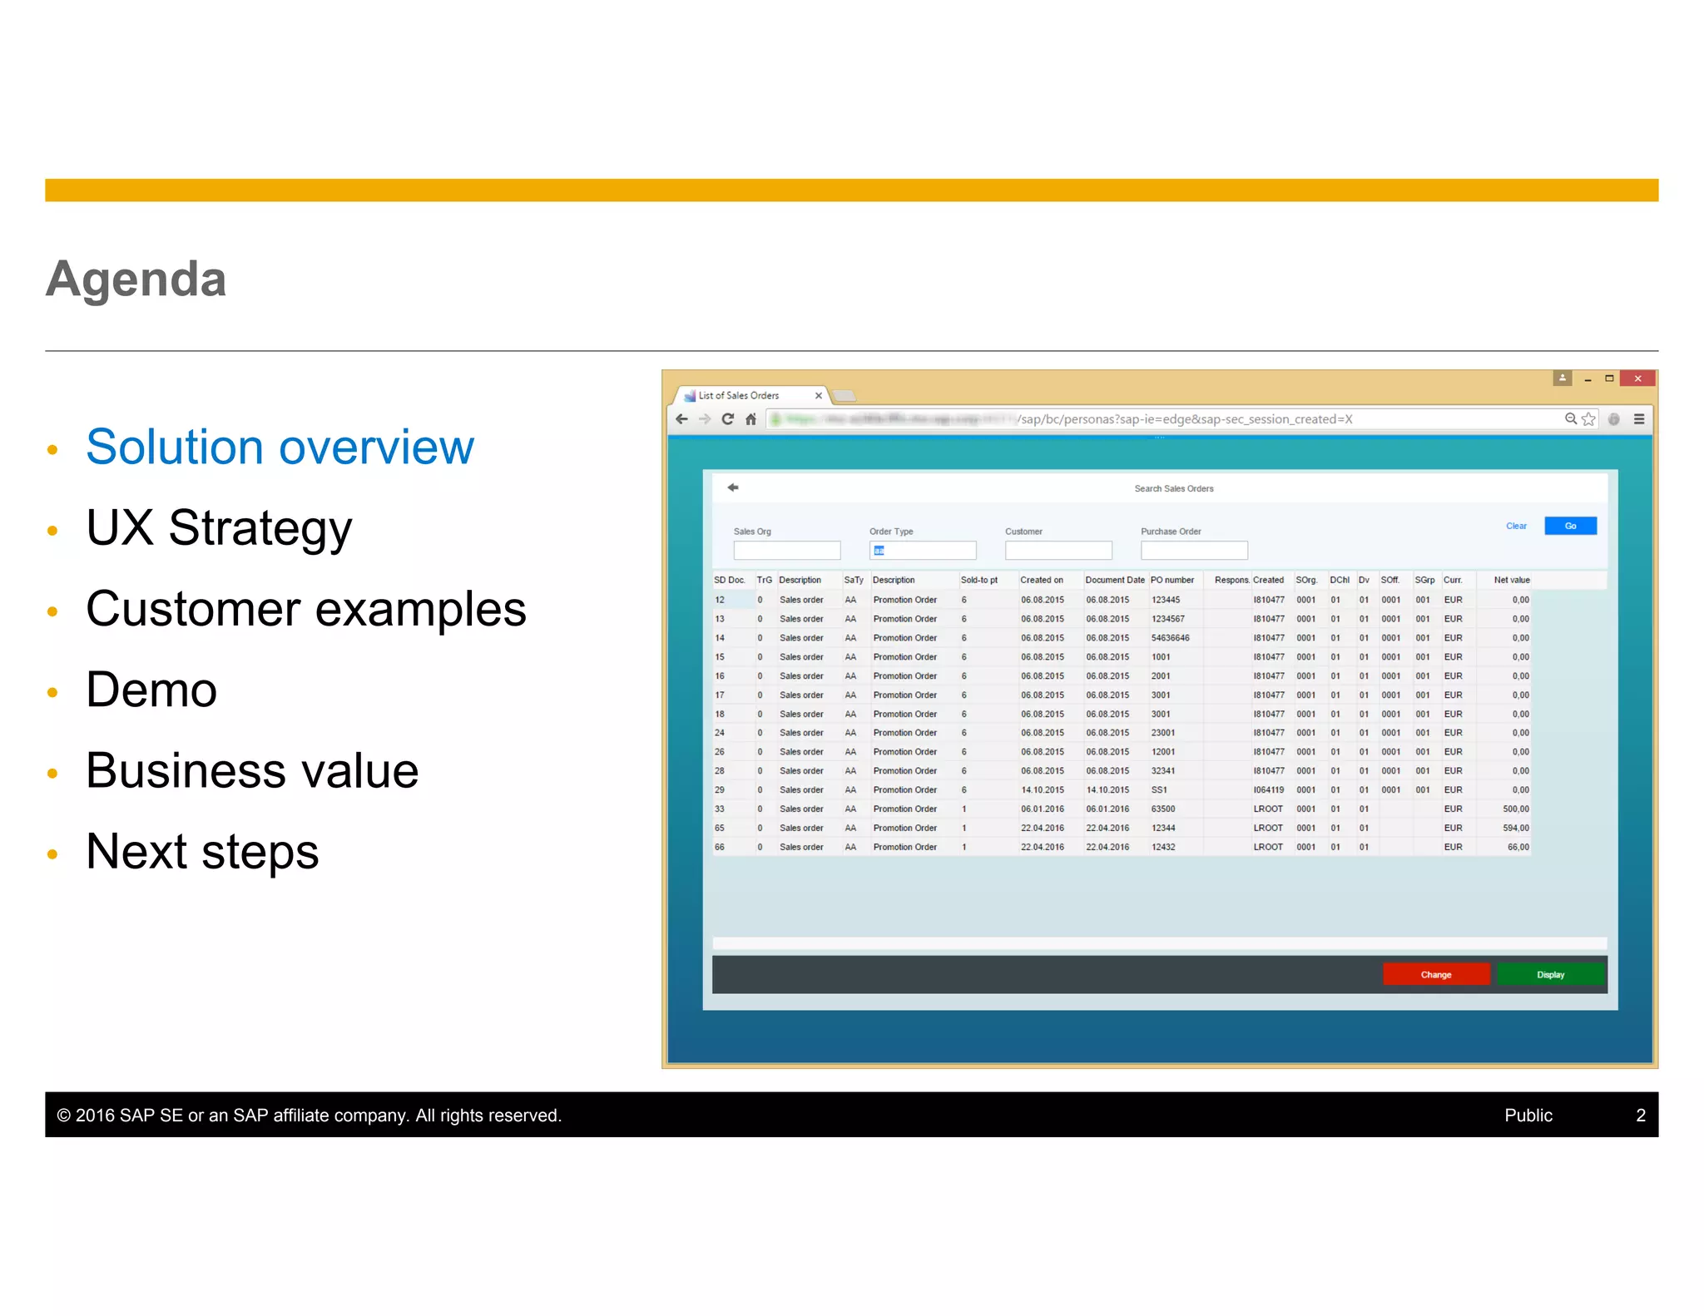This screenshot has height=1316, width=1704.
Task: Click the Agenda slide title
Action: click(136, 279)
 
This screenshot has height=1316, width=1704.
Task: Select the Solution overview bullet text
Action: click(280, 447)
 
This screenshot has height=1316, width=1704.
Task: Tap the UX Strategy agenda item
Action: click(219, 527)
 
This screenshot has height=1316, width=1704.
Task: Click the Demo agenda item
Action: click(151, 690)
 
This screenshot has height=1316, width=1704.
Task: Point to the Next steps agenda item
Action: click(202, 851)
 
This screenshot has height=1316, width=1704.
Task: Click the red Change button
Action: click(1435, 974)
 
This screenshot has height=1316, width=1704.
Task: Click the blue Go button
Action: click(1570, 526)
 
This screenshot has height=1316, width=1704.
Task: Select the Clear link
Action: click(1516, 526)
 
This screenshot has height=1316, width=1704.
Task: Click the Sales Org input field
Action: click(786, 550)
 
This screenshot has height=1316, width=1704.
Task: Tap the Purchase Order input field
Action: click(1193, 550)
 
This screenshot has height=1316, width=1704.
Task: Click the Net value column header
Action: click(1511, 580)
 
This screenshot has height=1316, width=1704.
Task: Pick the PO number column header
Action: click(1172, 580)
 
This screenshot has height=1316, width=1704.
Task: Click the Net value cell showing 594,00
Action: click(1515, 828)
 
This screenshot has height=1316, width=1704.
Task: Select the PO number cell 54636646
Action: click(1170, 638)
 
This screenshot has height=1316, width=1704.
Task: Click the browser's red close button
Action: click(1637, 378)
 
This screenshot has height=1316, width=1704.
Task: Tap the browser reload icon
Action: click(728, 419)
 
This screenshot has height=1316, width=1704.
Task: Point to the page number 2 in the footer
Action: click(1640, 1115)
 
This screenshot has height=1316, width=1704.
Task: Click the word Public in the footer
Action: click(1528, 1115)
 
